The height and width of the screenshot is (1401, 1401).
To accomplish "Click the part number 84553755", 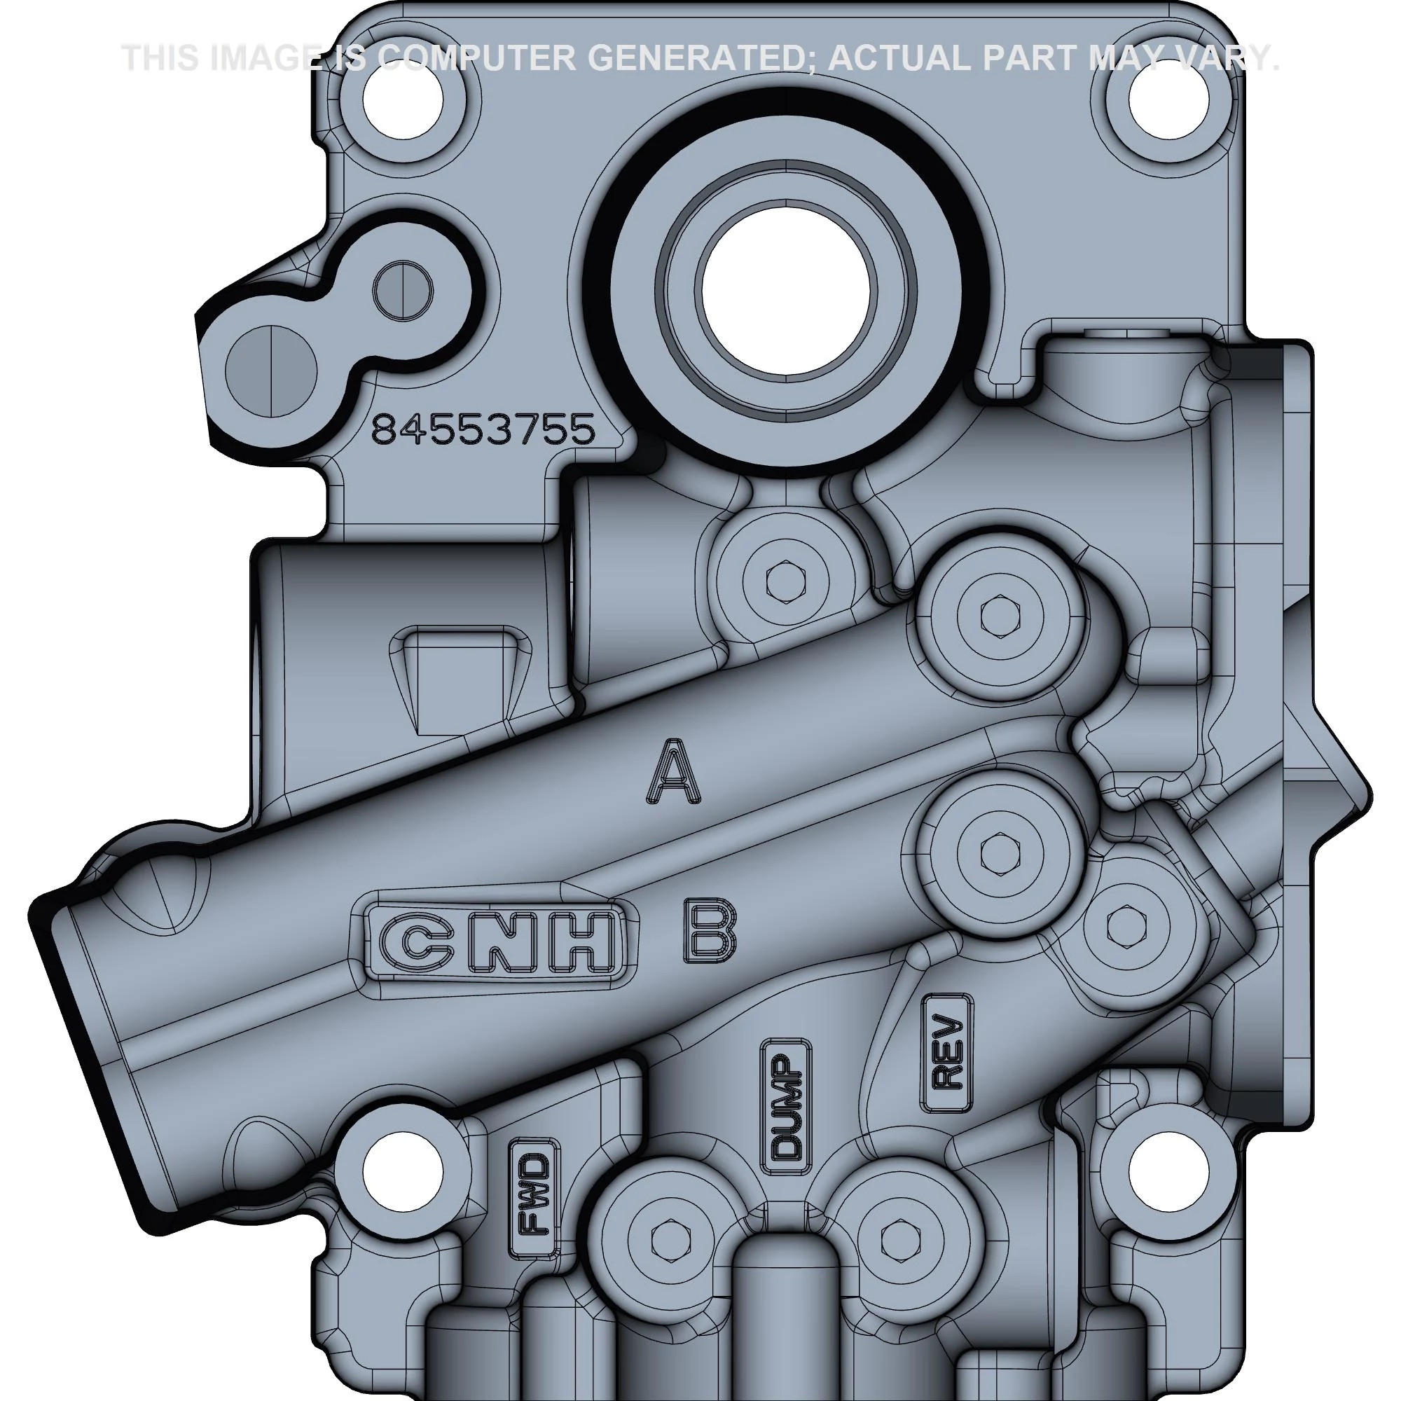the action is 483,431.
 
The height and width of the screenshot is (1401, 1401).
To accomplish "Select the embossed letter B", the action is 708,932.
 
